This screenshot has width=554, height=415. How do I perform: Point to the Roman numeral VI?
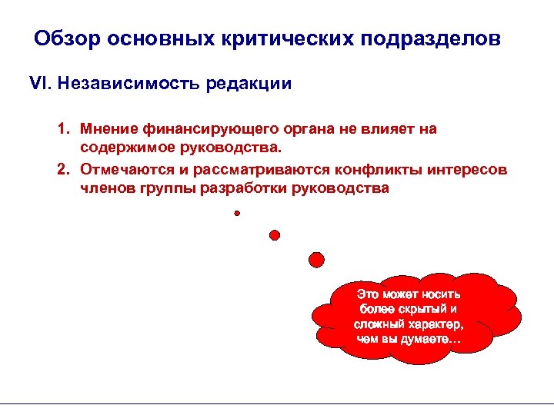click(x=38, y=83)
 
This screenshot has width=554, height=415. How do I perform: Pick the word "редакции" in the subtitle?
click(x=248, y=83)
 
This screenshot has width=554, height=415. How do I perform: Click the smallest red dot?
click(x=238, y=213)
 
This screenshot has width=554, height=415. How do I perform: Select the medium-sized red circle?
click(x=274, y=234)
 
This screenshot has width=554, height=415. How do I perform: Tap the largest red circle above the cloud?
click(x=316, y=259)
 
